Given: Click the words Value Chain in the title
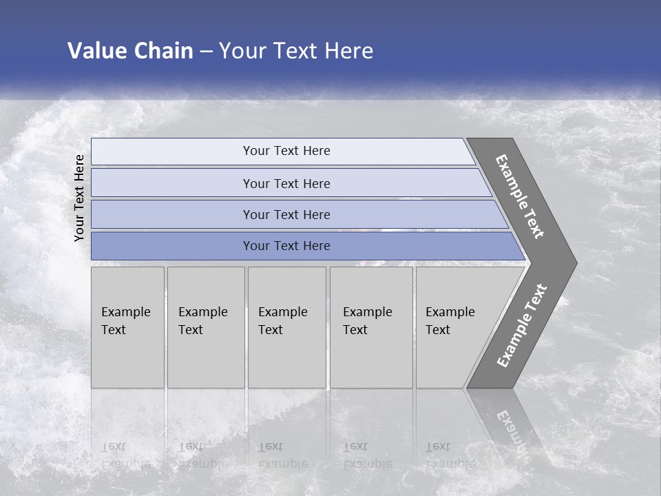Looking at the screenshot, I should (x=130, y=51).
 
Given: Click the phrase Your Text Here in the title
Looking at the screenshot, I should (x=296, y=51).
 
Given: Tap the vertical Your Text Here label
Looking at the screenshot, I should (x=79, y=198).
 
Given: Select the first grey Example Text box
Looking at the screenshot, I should (x=127, y=327).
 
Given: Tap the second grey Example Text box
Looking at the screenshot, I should (x=205, y=327).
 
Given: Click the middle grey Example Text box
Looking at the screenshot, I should (x=286, y=327).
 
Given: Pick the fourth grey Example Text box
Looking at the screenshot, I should (x=370, y=327).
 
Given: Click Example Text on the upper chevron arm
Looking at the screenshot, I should (x=521, y=196).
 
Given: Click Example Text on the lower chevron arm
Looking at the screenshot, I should (x=522, y=325).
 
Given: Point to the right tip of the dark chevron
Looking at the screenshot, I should (x=576, y=263).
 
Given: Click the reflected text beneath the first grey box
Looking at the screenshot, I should (x=125, y=455).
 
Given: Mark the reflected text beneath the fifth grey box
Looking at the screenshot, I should (x=450, y=455).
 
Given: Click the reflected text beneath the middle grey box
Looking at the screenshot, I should (x=282, y=455).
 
